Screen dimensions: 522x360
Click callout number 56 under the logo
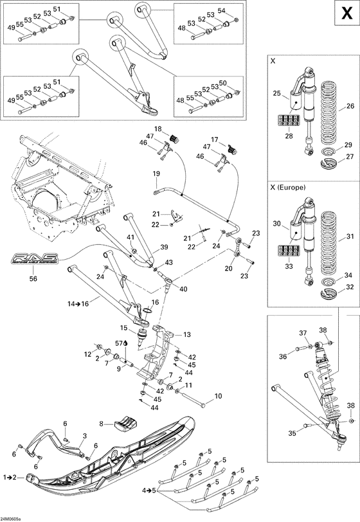pos(33,279)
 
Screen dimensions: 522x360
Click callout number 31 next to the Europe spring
pos(350,236)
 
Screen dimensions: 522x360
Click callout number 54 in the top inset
pos(240,11)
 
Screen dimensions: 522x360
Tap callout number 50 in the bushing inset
pos(241,84)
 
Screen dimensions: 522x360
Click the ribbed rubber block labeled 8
pos(125,422)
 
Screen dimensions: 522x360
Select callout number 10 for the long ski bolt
pos(218,396)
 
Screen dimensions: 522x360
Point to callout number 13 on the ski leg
pos(187,334)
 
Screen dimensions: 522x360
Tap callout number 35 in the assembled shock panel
pos(292,433)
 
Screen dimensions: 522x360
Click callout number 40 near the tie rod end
pos(183,289)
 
